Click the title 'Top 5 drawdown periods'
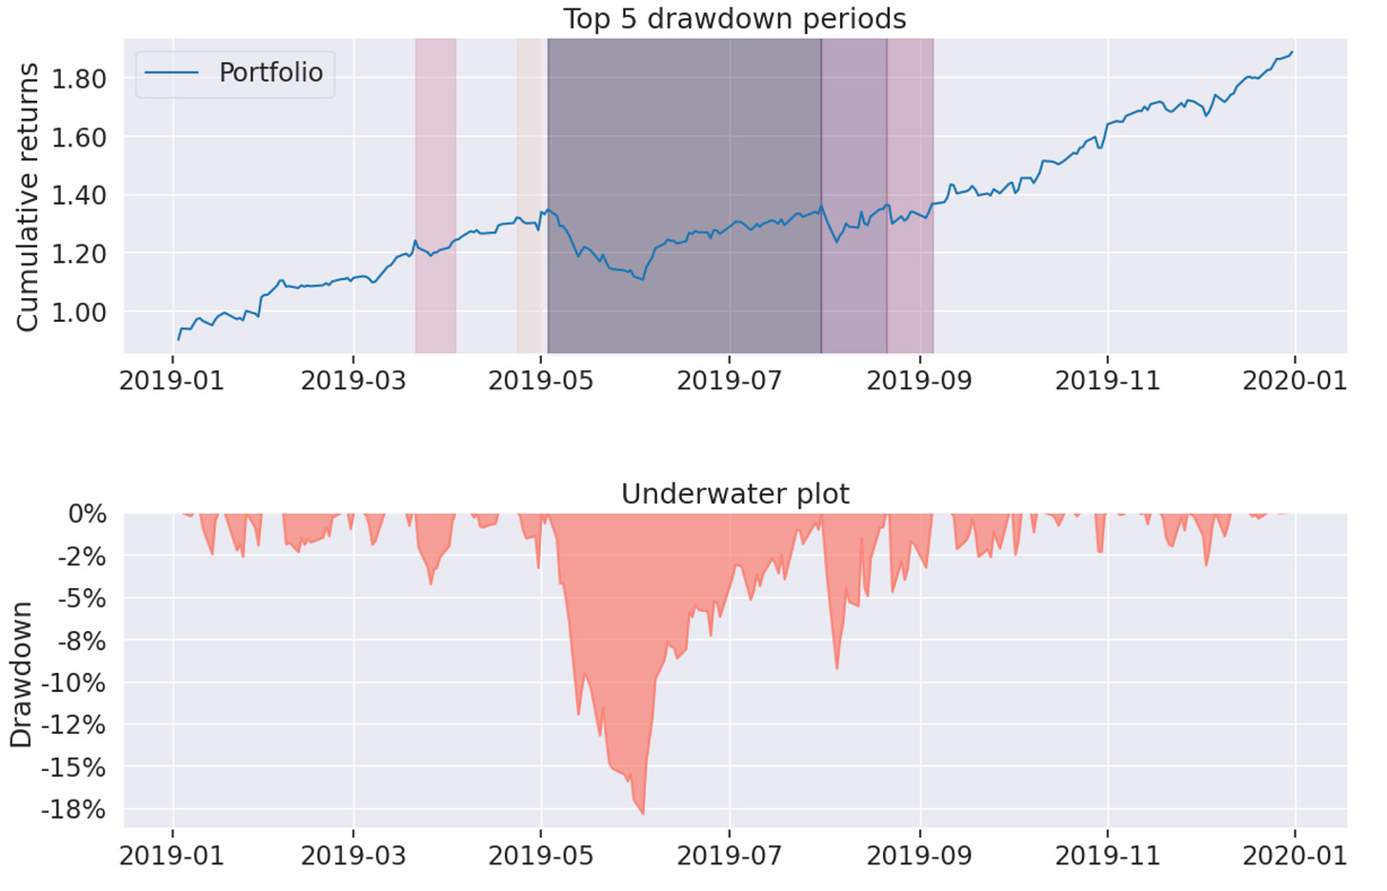[734, 19]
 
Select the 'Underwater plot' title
[734, 494]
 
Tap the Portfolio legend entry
[235, 73]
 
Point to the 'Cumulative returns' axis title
[28, 197]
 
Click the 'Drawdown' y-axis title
[21, 674]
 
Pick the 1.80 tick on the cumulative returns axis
[78, 79]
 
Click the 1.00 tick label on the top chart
[78, 313]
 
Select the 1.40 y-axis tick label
[78, 196]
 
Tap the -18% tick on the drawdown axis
[73, 810]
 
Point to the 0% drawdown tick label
[88, 515]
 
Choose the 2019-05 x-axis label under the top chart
[541, 382]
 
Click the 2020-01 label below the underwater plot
[1295, 856]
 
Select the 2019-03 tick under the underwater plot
[353, 856]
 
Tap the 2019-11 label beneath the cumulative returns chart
[1108, 382]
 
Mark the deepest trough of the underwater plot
[643, 813]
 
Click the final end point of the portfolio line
[1293, 52]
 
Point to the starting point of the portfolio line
[178, 339]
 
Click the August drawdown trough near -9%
[837, 667]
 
